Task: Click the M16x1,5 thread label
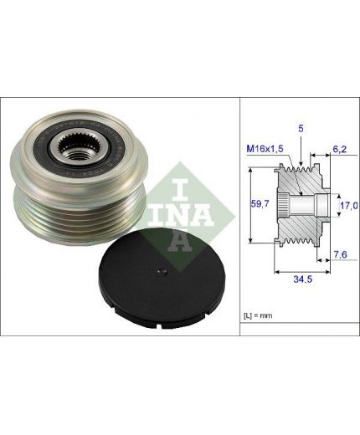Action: click(265, 149)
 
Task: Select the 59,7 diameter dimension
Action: click(260, 204)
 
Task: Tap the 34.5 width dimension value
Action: click(302, 279)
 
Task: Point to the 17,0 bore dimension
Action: click(348, 206)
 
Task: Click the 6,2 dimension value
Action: click(340, 149)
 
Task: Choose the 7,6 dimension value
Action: click(340, 254)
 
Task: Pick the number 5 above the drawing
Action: click(301, 129)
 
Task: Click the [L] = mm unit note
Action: click(258, 315)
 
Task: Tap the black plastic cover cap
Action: click(162, 278)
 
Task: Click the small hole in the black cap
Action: click(162, 271)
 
